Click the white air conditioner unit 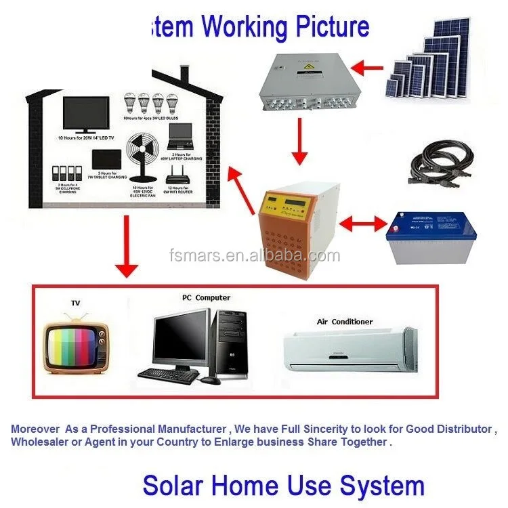click(348, 349)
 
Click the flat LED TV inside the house click(85, 114)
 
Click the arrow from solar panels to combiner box click(368, 67)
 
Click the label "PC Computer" click(206, 297)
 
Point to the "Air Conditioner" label click(345, 322)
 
